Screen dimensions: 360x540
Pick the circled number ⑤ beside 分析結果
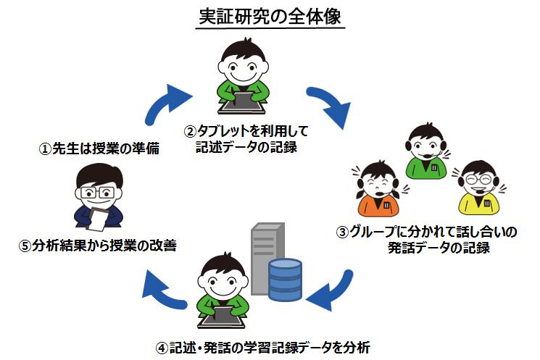(x=25, y=245)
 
